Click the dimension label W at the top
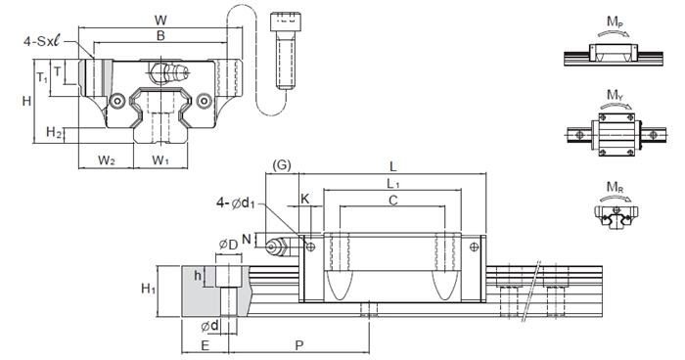160,21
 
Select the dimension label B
160,35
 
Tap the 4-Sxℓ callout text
44,41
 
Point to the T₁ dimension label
42,78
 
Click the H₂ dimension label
53,131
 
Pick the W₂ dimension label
106,160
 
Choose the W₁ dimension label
160,160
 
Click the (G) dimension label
282,165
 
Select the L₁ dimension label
393,184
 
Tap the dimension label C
393,201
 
